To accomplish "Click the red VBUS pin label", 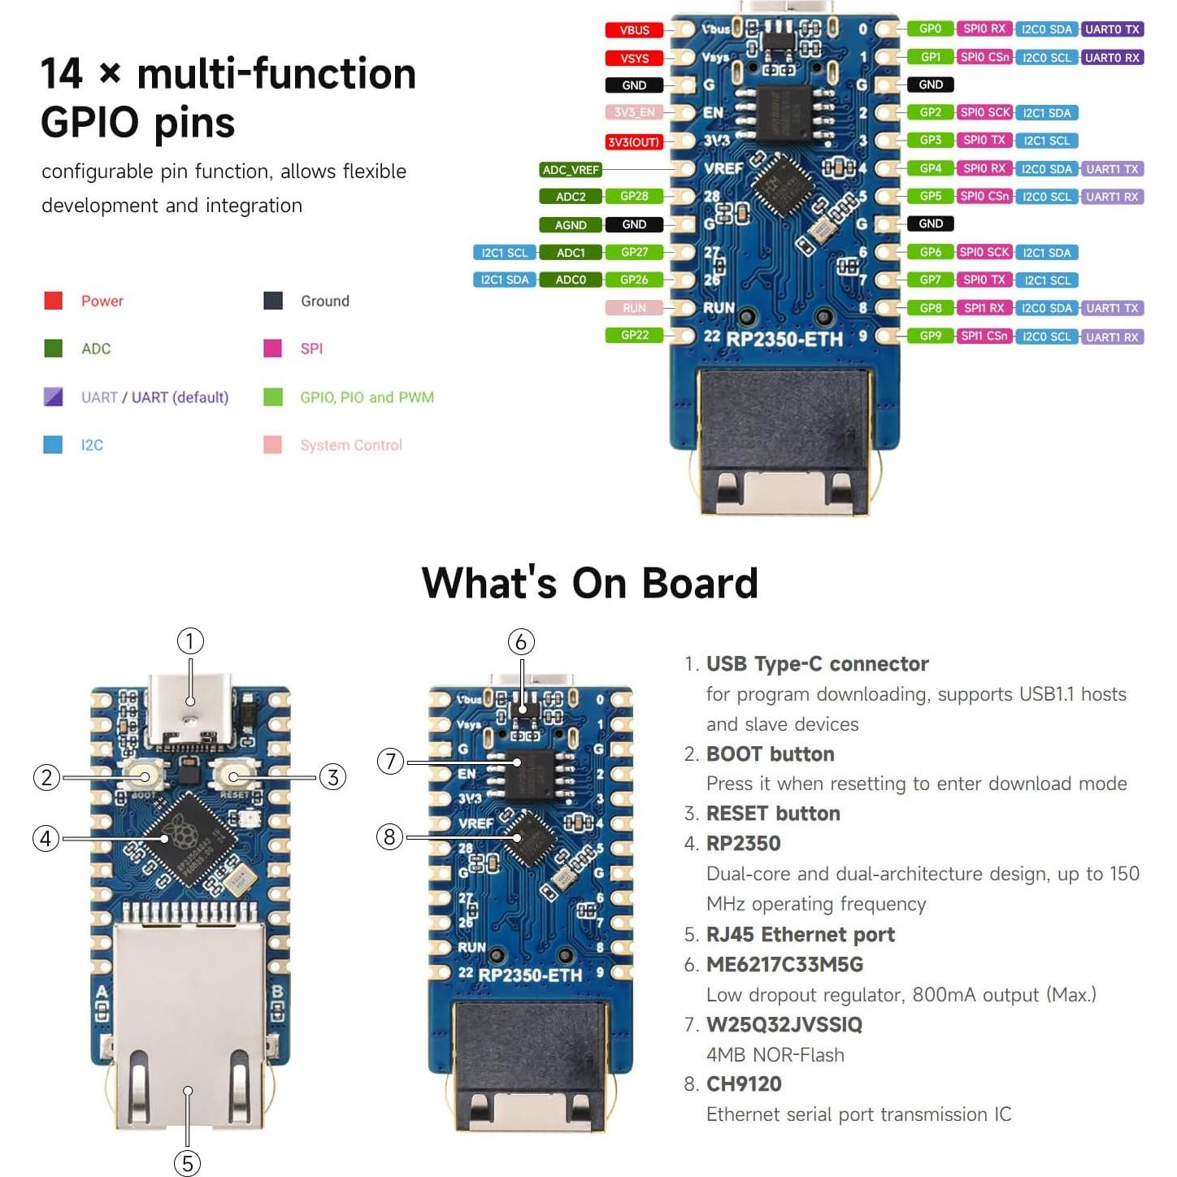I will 634,30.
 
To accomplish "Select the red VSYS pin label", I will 634,59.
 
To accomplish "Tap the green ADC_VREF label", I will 571,170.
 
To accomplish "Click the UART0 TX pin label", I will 1113,29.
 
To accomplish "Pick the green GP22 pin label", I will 634,335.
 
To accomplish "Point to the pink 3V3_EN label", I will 634,113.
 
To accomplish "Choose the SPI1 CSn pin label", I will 984,336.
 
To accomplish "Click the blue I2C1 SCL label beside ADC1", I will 504,253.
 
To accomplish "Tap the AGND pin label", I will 571,225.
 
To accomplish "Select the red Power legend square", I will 53,301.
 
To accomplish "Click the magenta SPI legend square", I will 272,349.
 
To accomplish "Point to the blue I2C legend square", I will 53,445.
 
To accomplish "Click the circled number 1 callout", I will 190,641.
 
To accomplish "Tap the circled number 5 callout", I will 188,1163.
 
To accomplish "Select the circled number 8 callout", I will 390,836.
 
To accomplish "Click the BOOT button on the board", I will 144,776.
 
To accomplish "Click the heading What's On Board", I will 589,583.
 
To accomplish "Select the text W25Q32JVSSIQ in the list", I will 784,1024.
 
